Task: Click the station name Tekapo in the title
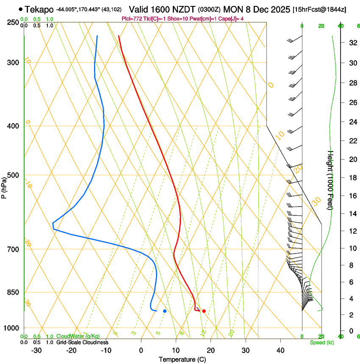coord(39,9)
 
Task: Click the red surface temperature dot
coord(204,311)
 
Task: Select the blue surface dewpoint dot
coord(165,311)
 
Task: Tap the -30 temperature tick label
coord(36,350)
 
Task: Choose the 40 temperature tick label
coord(280,350)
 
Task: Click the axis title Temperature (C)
coord(182,360)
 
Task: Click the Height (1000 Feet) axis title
coord(331,180)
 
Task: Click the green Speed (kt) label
coord(321,342)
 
